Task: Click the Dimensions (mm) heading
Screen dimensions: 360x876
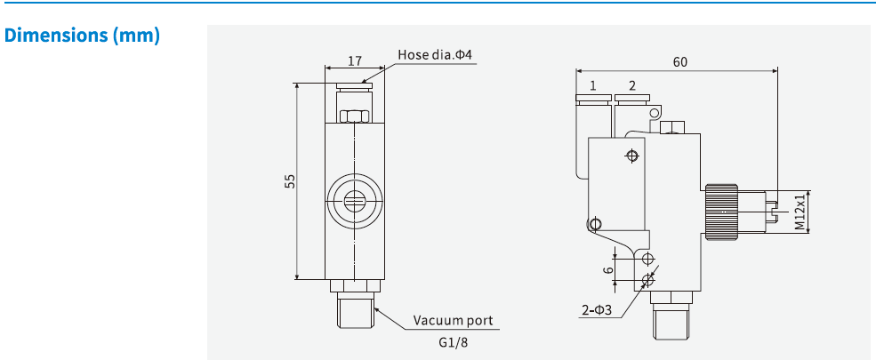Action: point(82,36)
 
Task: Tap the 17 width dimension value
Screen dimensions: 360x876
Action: point(354,61)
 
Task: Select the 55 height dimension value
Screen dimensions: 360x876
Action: point(290,181)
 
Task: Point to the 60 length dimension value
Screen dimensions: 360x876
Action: point(679,62)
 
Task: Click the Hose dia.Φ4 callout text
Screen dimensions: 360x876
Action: point(434,55)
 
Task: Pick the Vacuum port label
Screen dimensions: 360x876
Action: point(453,320)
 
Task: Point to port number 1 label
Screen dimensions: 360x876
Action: point(592,86)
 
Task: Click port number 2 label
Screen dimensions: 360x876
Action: point(631,86)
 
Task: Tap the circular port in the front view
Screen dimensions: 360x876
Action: point(354,200)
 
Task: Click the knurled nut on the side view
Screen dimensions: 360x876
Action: point(719,212)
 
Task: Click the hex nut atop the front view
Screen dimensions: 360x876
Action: point(355,116)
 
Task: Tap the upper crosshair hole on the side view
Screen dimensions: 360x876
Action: point(632,156)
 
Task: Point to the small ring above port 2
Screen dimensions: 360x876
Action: point(655,112)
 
